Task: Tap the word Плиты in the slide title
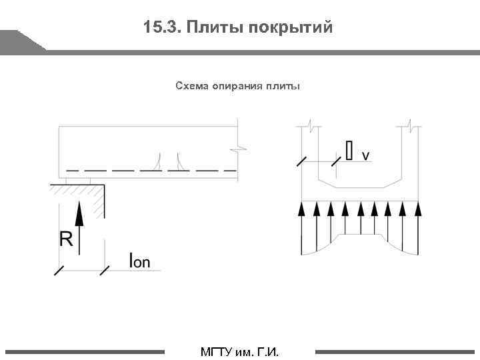215,27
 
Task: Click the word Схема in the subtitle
192,85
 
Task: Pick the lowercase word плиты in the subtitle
283,85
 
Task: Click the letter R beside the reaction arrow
66,239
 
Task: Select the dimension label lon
139,261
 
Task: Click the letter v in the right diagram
365,155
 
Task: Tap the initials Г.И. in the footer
267,351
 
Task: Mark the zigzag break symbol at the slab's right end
239,147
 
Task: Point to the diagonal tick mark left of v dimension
302,161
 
